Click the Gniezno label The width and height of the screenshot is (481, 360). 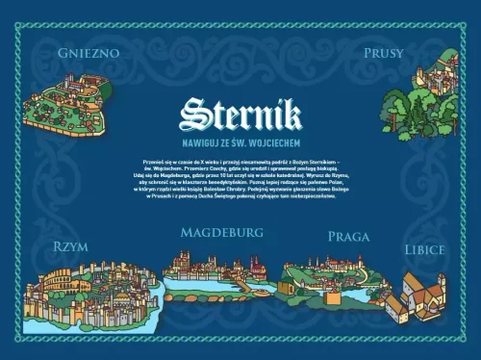(89, 53)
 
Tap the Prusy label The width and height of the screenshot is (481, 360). (383, 53)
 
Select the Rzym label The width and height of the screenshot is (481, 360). (72, 246)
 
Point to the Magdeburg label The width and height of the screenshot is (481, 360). (222, 233)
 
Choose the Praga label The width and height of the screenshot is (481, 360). (348, 236)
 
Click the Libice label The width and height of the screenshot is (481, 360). (424, 249)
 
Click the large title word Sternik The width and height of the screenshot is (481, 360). (240, 116)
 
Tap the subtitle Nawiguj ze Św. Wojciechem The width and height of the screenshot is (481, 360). (240, 141)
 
